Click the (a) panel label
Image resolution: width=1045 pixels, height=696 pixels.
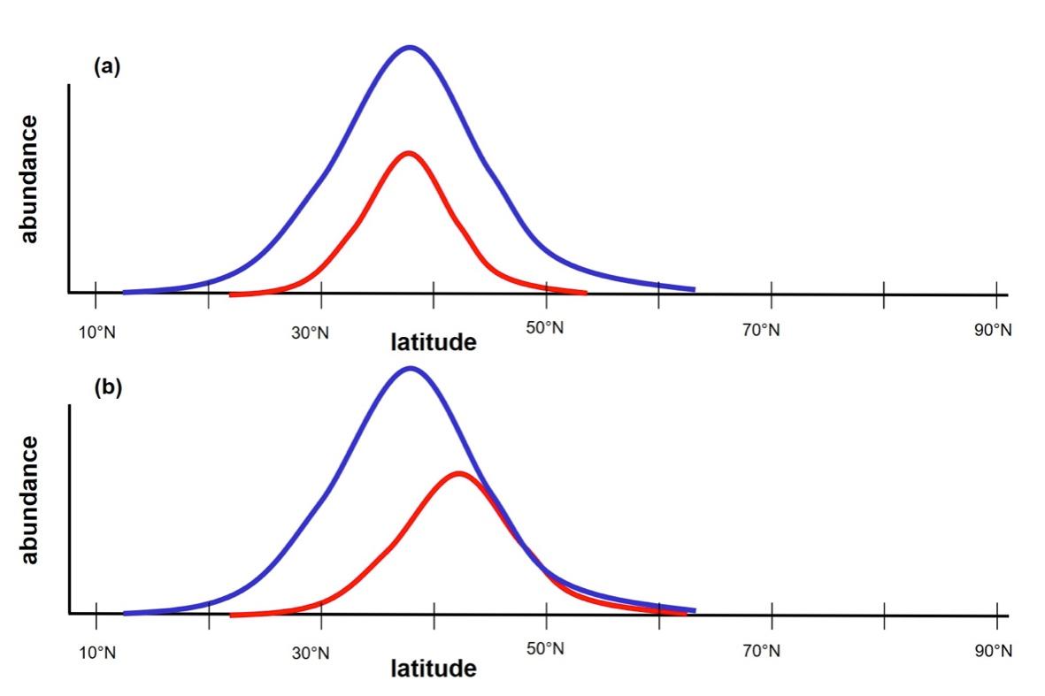coord(108,68)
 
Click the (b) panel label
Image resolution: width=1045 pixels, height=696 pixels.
coord(108,388)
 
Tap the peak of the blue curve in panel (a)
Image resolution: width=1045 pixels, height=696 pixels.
coord(410,48)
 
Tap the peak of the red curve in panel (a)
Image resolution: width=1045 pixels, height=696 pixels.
coord(408,154)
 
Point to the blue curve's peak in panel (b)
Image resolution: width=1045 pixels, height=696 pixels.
coord(410,369)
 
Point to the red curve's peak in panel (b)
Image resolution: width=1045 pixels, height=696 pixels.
coord(457,474)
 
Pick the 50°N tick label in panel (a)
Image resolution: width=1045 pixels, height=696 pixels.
coord(545,328)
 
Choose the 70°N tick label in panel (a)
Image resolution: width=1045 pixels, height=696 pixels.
coord(762,331)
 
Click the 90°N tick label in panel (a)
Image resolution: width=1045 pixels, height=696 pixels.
coord(993,330)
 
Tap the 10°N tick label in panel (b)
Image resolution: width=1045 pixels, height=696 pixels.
coord(96,653)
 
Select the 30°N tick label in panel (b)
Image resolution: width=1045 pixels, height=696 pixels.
coord(311,654)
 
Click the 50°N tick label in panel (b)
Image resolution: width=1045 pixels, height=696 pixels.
coord(545,649)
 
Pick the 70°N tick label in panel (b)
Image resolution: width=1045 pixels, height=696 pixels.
coord(762,652)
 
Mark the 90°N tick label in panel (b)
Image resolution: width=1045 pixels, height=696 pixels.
coord(993,651)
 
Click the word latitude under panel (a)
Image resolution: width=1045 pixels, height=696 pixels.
coord(433,342)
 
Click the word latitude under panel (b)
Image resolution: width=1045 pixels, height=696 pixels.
coord(433,668)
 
